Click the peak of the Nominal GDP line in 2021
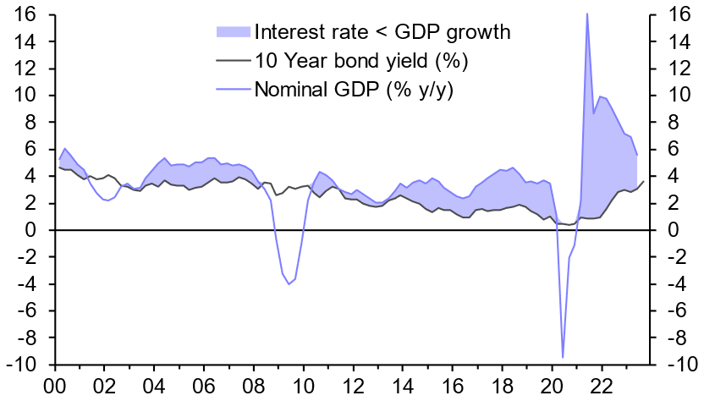tap(587, 14)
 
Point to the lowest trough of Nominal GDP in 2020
tap(563, 357)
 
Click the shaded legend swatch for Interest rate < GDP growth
tap(234, 32)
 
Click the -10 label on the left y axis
tap(21, 365)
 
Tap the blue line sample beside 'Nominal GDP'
tap(234, 87)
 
